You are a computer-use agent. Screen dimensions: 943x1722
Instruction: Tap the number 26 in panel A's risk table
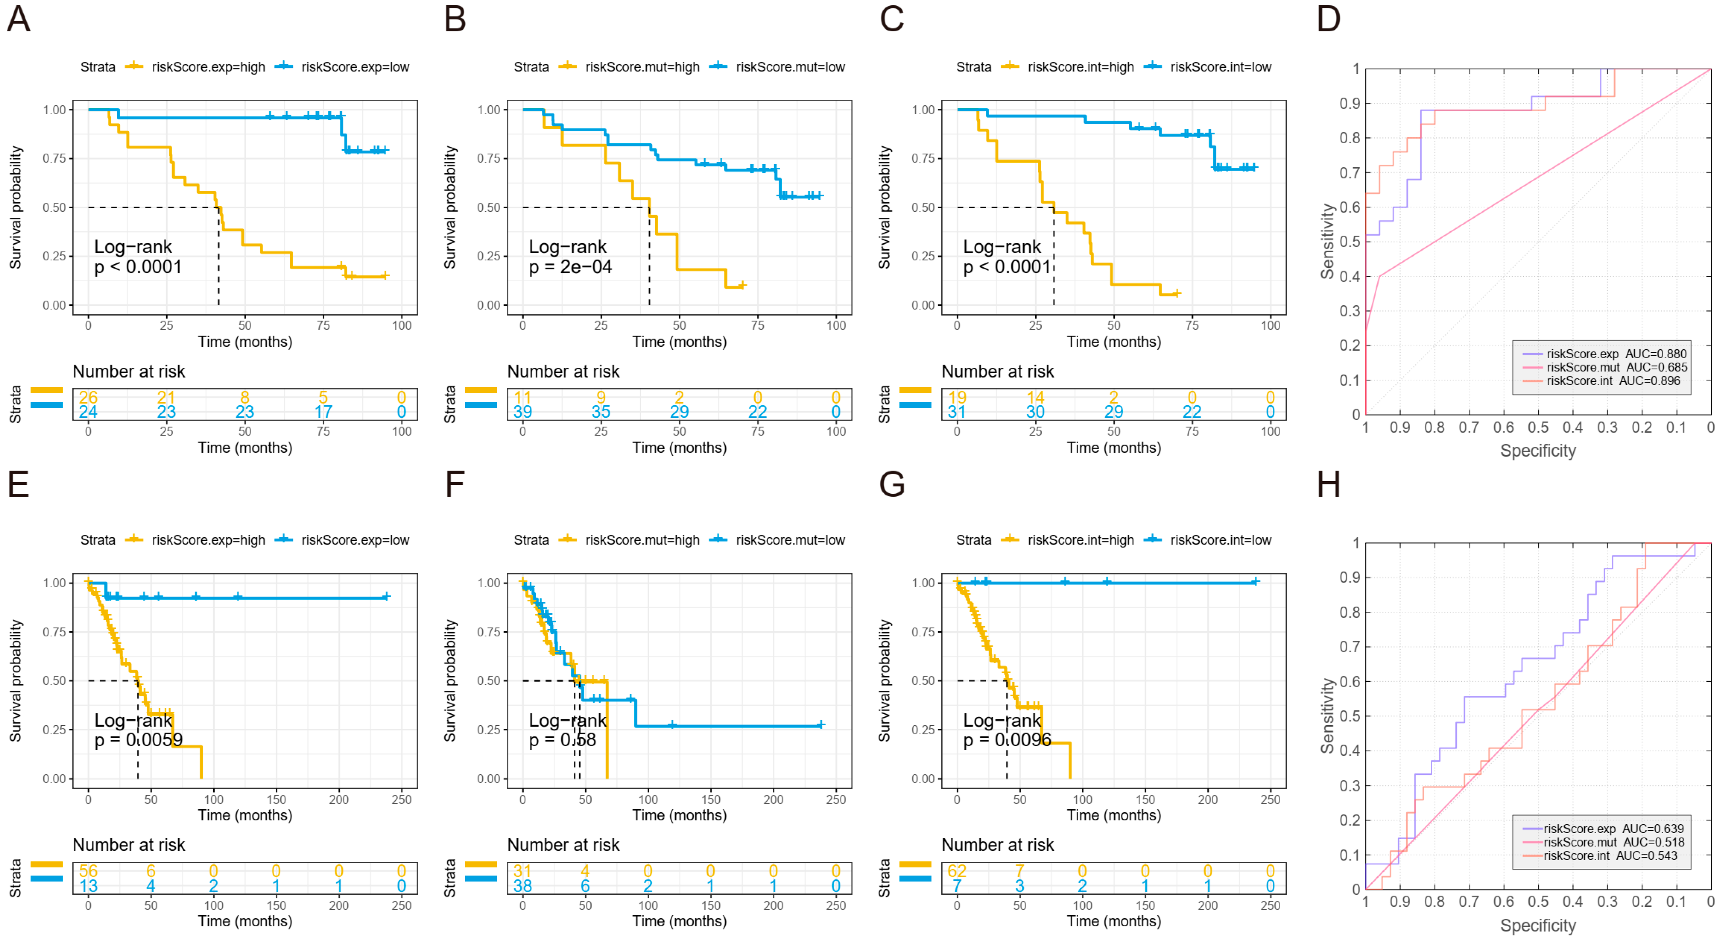[x=88, y=398]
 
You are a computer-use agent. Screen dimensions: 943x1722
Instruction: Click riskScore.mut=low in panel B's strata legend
[x=790, y=67]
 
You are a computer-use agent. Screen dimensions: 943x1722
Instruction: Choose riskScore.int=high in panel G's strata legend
[x=1080, y=540]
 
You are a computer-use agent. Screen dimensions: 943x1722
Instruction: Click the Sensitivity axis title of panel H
[x=1327, y=716]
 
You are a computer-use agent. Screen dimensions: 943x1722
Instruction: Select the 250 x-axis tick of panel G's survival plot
[x=1270, y=799]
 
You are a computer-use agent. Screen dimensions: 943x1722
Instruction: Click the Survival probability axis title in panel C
[x=884, y=207]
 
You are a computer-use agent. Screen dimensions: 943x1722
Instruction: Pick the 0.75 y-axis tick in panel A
[x=55, y=158]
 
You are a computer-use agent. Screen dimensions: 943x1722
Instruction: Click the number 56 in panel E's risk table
[x=88, y=871]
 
